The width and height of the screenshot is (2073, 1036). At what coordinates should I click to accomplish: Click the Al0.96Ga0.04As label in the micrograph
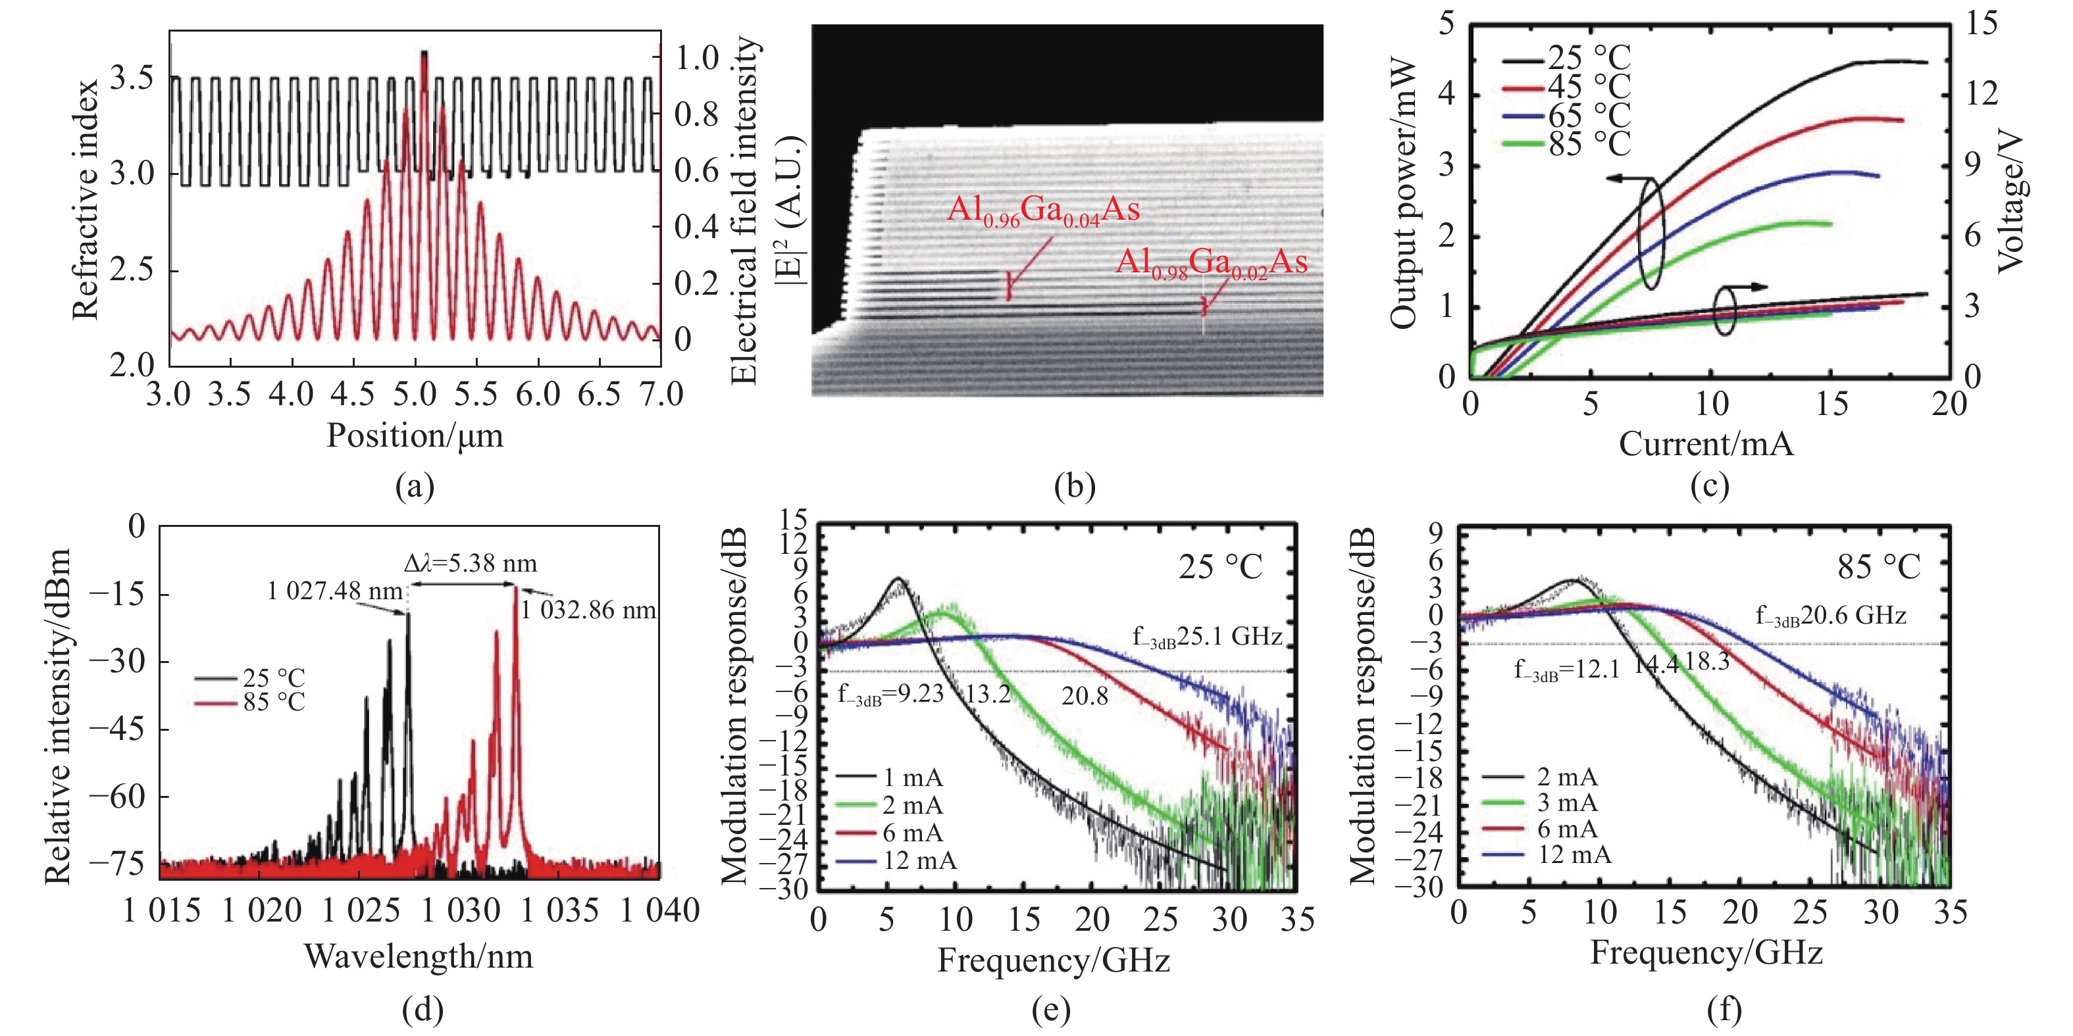1043,210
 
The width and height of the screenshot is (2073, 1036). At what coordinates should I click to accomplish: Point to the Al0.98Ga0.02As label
1211,263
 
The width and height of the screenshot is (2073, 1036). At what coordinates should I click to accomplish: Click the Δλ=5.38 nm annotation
471,563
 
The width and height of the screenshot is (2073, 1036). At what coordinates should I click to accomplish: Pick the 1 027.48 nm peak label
335,592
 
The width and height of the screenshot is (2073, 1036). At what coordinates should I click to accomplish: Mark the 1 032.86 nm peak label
588,610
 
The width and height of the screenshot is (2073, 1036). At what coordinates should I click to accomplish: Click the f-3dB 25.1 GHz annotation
1207,637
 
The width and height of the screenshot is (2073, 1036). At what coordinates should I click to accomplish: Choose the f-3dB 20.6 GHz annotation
1831,616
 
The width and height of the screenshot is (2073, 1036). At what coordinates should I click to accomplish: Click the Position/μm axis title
415,436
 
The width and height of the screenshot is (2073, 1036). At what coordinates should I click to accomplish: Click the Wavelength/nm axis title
419,956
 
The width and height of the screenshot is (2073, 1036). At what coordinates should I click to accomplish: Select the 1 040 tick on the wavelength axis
659,911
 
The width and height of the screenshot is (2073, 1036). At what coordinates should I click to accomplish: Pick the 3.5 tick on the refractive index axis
131,78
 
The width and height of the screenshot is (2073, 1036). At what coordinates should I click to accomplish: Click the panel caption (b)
1074,486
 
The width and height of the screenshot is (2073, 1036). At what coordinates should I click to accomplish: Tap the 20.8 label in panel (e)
1084,696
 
